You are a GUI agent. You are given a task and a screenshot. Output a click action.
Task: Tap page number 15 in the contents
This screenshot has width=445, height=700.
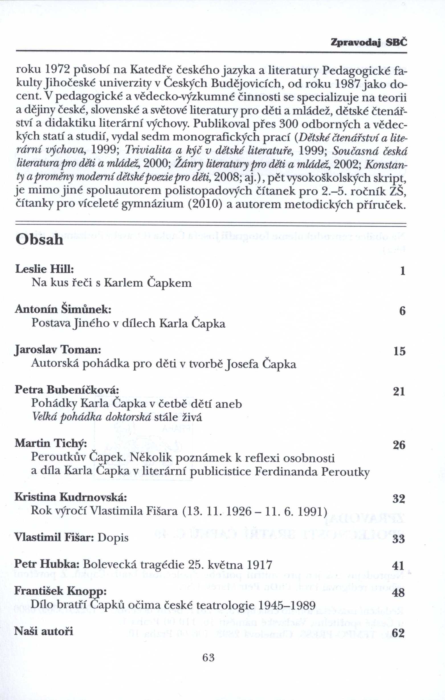(399, 352)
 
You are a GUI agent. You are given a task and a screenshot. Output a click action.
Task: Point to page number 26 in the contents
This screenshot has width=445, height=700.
(399, 445)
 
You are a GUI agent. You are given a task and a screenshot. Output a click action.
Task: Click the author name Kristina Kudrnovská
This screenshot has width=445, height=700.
(70, 497)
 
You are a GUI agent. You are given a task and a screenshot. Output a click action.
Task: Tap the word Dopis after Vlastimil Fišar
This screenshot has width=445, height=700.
(113, 537)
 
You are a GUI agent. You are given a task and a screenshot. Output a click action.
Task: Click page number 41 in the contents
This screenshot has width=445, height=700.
(399, 566)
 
